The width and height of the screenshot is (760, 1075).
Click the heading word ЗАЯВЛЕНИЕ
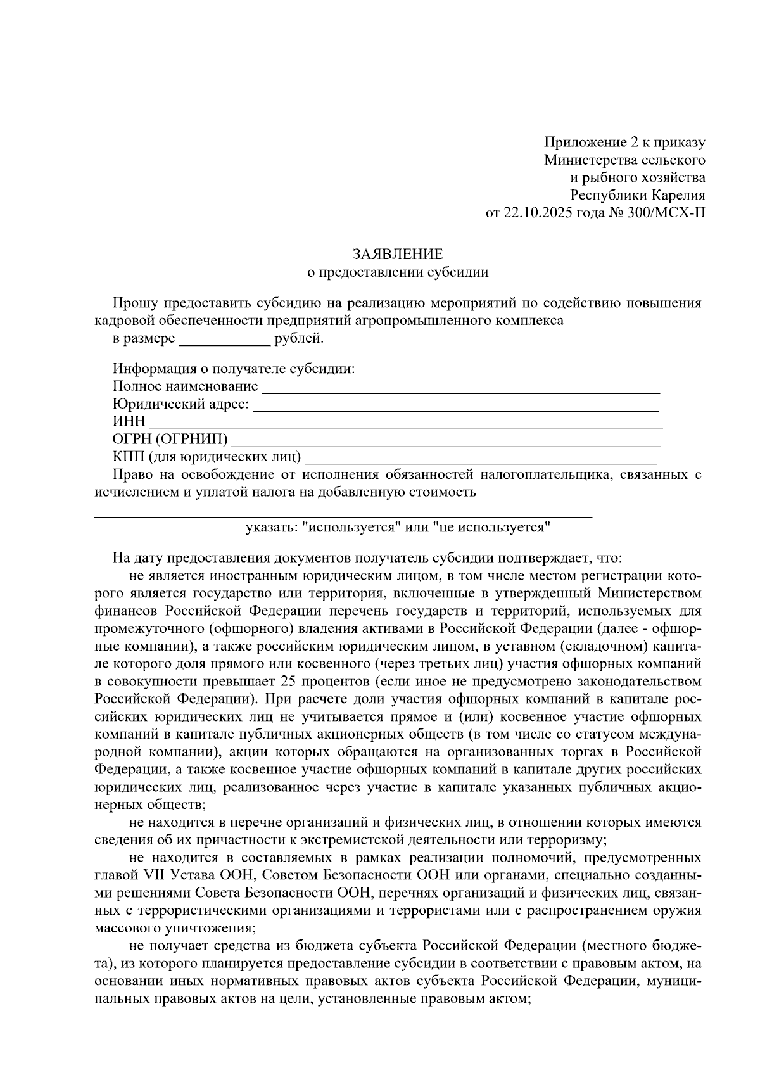pyautogui.click(x=397, y=255)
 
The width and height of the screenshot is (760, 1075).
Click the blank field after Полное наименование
pyautogui.click(x=460, y=391)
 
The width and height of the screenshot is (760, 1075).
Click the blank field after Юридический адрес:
pyautogui.click(x=456, y=409)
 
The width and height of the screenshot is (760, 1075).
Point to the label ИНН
pyautogui.click(x=129, y=421)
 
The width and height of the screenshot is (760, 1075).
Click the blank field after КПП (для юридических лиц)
pyautogui.click(x=481, y=461)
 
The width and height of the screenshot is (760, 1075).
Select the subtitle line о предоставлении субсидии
pyautogui.click(x=397, y=272)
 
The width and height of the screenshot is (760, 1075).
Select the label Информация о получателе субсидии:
pyautogui.click(x=234, y=369)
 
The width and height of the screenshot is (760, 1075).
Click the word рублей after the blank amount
pyautogui.click(x=298, y=339)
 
